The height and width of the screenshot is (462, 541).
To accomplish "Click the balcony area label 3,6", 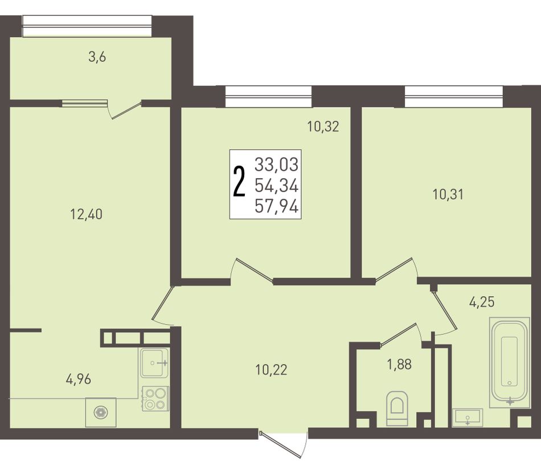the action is (97, 57).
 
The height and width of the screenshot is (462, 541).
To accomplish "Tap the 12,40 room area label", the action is (86, 215).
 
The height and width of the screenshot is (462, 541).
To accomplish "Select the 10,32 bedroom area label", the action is (323, 126).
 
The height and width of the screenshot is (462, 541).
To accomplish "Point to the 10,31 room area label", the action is (448, 195).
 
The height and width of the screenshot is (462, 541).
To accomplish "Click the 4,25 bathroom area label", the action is (482, 302).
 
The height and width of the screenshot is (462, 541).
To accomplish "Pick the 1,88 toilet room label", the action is (400, 364).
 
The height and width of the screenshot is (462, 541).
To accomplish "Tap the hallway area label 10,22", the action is (271, 370).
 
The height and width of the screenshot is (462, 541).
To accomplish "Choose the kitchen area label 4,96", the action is (79, 379).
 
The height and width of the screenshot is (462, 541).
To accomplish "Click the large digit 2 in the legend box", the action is (239, 182).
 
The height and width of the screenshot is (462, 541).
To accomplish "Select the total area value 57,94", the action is (276, 207).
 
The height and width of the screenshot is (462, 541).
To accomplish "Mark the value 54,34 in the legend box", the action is (276, 186).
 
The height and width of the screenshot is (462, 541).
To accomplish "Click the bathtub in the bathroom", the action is (510, 362).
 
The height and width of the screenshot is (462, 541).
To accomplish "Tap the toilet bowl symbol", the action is (397, 408).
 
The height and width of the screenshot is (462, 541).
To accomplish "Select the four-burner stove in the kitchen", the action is (155, 399).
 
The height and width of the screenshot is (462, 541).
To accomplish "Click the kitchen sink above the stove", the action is (154, 362).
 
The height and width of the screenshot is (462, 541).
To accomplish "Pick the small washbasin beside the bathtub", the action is (467, 418).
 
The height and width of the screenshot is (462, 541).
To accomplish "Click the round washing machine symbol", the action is (101, 412).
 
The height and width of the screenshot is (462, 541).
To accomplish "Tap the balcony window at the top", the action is (87, 26).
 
